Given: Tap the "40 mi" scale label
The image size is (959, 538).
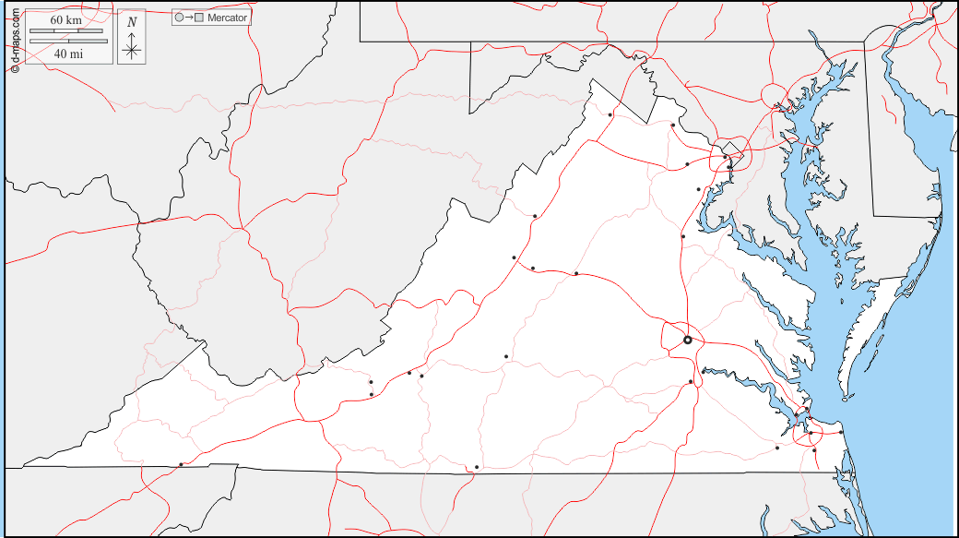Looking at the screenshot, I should pyautogui.click(x=67, y=54).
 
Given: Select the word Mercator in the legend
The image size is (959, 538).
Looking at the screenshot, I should pyautogui.click(x=228, y=17).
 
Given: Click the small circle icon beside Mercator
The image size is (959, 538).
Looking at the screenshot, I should pyautogui.click(x=179, y=17).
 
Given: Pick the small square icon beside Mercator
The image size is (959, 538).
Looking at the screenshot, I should pyautogui.click(x=199, y=17).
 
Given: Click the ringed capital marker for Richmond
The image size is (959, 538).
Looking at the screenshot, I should pyautogui.click(x=687, y=341).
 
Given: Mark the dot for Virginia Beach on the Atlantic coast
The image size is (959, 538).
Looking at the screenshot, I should pyautogui.click(x=841, y=431).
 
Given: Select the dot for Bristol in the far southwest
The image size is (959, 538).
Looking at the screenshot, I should pyautogui.click(x=181, y=464).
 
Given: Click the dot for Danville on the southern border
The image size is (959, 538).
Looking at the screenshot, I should pyautogui.click(x=477, y=467).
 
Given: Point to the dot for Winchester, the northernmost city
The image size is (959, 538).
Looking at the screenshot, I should pyautogui.click(x=610, y=114).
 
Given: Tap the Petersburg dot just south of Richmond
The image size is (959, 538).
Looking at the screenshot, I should pyautogui.click(x=691, y=382).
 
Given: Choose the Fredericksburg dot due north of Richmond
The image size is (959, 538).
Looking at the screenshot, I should pyautogui.click(x=683, y=236).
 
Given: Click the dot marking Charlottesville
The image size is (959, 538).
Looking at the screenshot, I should pyautogui.click(x=576, y=273).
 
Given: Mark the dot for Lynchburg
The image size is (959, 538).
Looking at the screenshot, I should pyautogui.click(x=506, y=356).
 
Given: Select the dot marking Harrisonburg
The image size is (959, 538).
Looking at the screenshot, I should pyautogui.click(x=535, y=216).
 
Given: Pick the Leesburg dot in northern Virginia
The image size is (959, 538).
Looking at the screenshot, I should pyautogui.click(x=673, y=125).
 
